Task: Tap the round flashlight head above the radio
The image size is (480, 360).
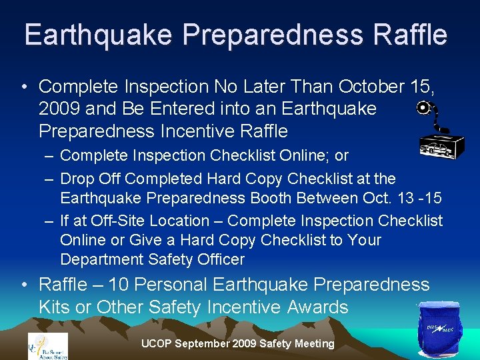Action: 423,108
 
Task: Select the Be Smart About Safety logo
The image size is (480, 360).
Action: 47,345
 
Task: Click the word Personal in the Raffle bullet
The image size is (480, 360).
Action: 164,285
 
